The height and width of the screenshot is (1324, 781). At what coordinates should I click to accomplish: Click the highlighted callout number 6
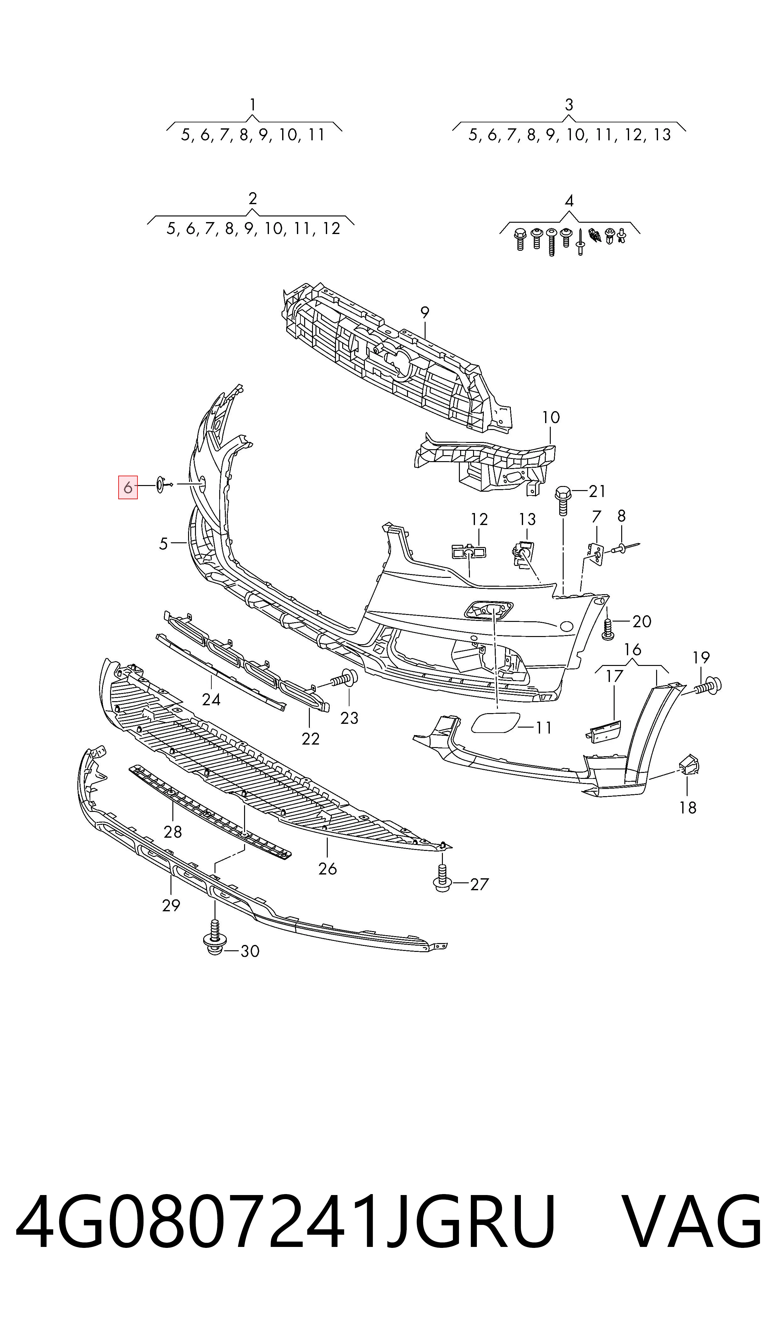(x=127, y=488)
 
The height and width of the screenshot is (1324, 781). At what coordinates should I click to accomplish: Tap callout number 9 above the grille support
(x=425, y=313)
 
